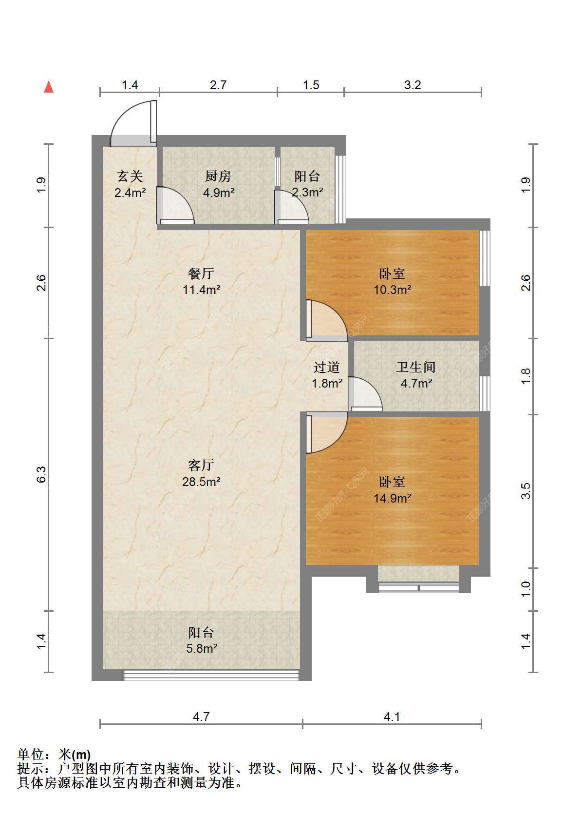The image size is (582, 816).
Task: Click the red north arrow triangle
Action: pos(49,87)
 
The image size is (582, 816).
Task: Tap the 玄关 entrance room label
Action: pos(130,176)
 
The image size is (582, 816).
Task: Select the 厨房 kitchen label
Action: pos(218,176)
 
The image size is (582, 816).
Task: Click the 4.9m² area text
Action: pos(218,193)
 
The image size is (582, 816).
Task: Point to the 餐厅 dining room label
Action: pos(201,273)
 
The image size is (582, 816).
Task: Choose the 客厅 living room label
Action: pos(201,465)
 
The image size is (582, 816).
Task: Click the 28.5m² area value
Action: pos(201,482)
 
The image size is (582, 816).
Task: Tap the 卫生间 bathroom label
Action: pos(416,367)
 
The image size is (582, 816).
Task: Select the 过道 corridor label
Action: pos(326,367)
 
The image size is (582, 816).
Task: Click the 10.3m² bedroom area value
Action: pos(393,290)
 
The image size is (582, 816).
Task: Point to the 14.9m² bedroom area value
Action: pos(393,498)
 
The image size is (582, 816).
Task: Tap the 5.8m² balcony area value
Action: pos(202,648)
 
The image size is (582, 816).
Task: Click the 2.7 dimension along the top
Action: pos(218,85)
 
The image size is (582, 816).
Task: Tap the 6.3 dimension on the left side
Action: pos(41,474)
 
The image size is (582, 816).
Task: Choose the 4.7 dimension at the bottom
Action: pos(201,717)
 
